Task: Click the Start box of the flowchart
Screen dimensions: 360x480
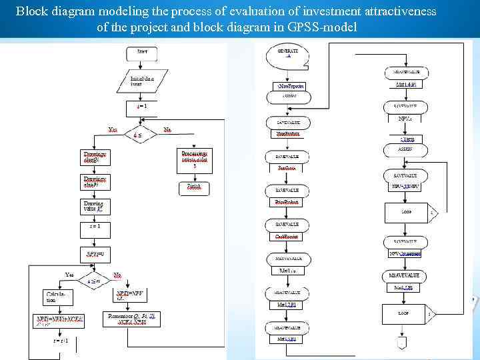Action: (x=142, y=51)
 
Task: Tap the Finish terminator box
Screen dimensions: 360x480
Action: (x=194, y=187)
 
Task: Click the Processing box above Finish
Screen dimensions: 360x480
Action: (x=195, y=158)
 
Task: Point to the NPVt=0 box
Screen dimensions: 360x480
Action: (x=95, y=254)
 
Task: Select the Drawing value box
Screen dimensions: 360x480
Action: (x=94, y=205)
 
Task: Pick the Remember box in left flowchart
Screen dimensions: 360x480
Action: (x=132, y=319)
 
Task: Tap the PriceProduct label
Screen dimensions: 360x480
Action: (x=287, y=202)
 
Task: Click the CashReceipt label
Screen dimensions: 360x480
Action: (x=287, y=237)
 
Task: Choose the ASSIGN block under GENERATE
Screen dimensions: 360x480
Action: (x=288, y=97)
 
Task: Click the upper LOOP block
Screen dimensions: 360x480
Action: (x=407, y=213)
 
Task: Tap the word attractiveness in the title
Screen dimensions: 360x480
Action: (x=394, y=11)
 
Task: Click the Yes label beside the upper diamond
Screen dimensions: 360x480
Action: (x=113, y=129)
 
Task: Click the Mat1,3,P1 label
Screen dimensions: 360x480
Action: (x=287, y=339)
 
